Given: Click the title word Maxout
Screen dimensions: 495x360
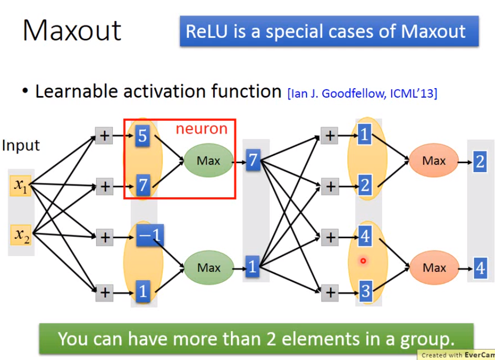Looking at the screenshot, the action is [72, 30].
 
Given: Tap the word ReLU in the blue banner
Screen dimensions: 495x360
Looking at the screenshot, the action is [206, 31].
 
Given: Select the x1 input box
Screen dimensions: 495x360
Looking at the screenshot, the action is [20, 186].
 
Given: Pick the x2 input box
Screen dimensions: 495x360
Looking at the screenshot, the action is [21, 235].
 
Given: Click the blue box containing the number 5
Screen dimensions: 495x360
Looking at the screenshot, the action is [142, 136].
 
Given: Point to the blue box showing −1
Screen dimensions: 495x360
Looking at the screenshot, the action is [150, 236].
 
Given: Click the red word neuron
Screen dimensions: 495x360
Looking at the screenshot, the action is [202, 129].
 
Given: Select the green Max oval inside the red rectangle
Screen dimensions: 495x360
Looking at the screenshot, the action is [208, 161].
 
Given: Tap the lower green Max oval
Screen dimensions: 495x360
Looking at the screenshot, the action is [209, 268].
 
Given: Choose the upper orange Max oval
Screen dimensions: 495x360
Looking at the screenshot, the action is [434, 161].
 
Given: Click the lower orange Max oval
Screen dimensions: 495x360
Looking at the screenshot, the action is [434, 268].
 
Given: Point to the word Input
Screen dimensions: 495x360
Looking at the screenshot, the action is [21, 145].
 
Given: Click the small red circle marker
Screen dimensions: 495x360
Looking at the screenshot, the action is [363, 261].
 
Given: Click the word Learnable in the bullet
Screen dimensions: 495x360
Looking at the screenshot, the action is [79, 91].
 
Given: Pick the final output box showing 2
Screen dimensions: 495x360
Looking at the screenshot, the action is [480, 162].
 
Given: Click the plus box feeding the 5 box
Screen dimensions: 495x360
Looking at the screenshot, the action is [104, 136].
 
